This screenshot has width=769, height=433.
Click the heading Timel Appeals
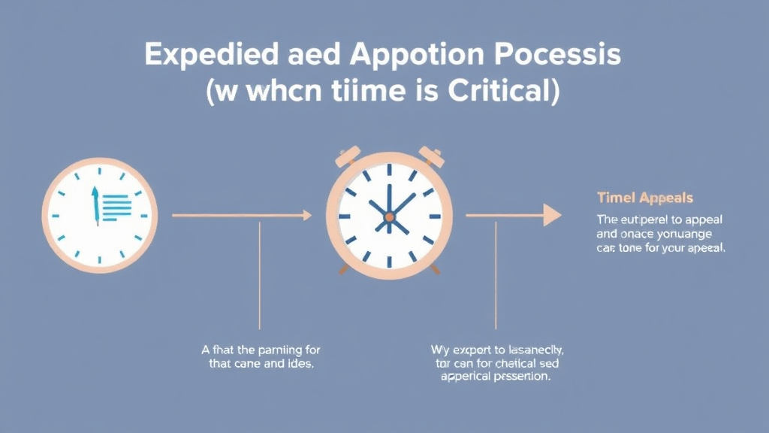[x=644, y=198]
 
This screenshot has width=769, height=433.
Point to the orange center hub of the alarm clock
[x=389, y=216]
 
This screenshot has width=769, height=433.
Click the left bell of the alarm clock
[x=348, y=156]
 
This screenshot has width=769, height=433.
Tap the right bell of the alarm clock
[x=429, y=156]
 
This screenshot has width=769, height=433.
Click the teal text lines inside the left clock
[x=116, y=207]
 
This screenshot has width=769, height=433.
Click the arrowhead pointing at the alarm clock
[x=306, y=216]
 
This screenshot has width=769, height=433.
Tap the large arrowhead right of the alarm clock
[x=552, y=215]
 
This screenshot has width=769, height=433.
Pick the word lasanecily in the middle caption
[x=531, y=350]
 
